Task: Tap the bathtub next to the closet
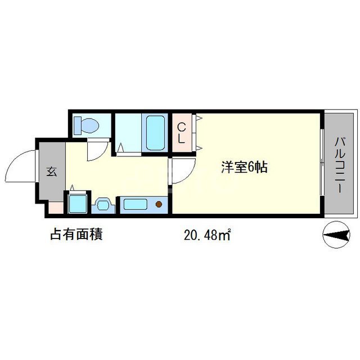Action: point(154,133)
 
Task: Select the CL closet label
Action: point(182,133)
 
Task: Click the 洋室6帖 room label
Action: point(244,167)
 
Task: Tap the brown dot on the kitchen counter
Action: point(159,204)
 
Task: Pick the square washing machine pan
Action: point(77,204)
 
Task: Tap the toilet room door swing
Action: point(98,148)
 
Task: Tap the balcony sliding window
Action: point(322,163)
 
